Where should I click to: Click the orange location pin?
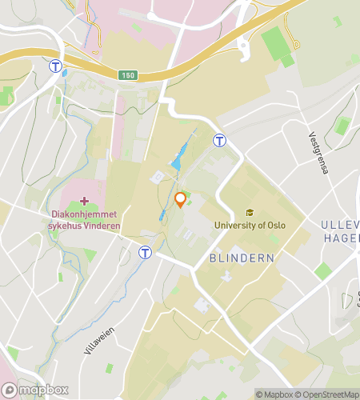pyautogui.click(x=180, y=200)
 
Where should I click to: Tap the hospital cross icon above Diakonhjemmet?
pyautogui.click(x=85, y=199)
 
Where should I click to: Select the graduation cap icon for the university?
pyautogui.click(x=250, y=213)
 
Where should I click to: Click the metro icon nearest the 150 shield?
pyautogui.click(x=56, y=66)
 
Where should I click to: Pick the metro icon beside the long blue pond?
pyautogui.click(x=218, y=140)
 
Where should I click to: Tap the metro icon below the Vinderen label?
pyautogui.click(x=145, y=253)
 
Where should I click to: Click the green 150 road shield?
pyautogui.click(x=128, y=75)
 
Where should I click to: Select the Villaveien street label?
pyautogui.click(x=100, y=338)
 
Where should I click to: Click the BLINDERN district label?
pyautogui.click(x=242, y=258)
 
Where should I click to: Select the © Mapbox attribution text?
pyautogui.click(x=274, y=394)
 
